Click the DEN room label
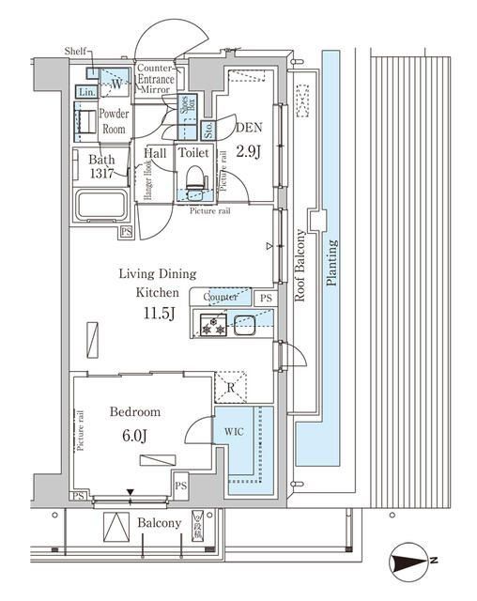point(248,131)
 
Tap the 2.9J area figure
point(248,151)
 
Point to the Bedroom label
point(134,411)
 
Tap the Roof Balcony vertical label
point(300,266)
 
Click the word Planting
point(331,263)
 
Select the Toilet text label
point(194,152)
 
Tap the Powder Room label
point(115,121)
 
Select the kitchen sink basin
point(246,327)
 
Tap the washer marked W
point(115,83)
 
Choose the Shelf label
point(75,50)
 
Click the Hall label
point(156,152)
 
